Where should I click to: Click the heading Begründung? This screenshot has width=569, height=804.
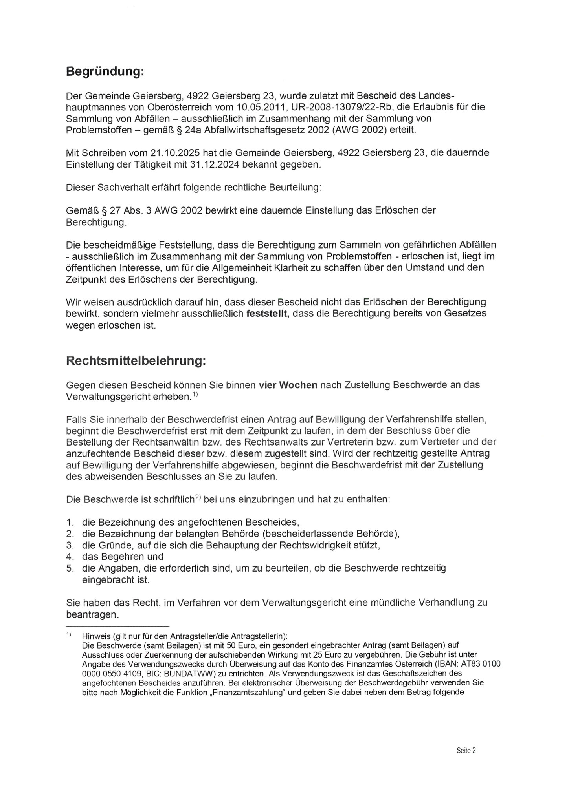tap(105, 72)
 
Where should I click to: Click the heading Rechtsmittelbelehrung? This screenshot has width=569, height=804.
tap(136, 361)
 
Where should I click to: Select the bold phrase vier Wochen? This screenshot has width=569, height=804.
tap(288, 385)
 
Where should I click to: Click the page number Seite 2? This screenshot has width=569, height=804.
tap(466, 750)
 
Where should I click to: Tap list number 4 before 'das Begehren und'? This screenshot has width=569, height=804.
tap(70, 557)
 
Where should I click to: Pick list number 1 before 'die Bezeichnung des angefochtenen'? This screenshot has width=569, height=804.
tap(70, 523)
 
